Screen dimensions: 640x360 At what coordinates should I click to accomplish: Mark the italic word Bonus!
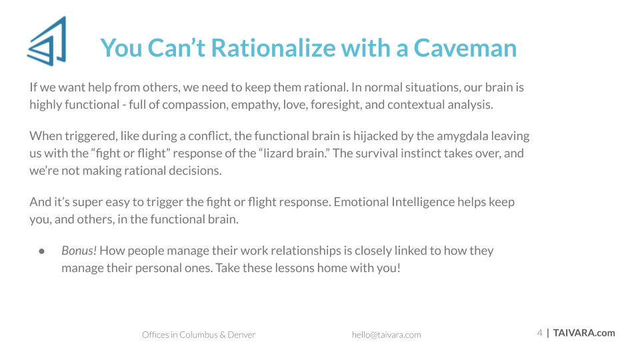pyautogui.click(x=79, y=251)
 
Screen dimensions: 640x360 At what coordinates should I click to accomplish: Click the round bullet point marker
pyautogui.click(x=41, y=251)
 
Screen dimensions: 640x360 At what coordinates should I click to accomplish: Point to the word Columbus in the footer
pyautogui.click(x=199, y=335)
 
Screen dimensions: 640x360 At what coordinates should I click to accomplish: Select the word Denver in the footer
pyautogui.click(x=241, y=335)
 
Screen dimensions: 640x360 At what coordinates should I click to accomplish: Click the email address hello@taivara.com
pyautogui.click(x=386, y=335)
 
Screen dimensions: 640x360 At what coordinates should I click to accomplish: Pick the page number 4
pyautogui.click(x=539, y=333)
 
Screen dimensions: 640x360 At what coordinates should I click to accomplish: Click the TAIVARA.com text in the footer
pyautogui.click(x=584, y=333)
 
